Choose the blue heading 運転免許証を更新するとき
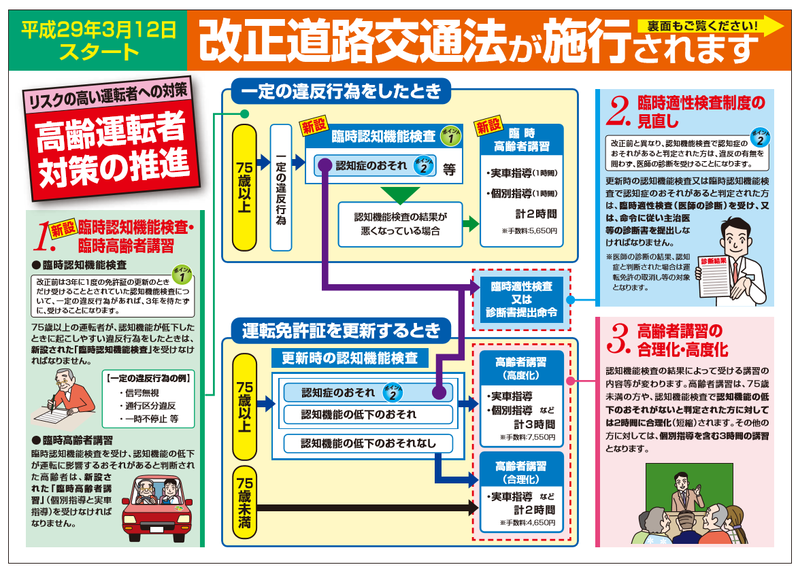click(x=341, y=331)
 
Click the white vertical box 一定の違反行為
click(x=280, y=187)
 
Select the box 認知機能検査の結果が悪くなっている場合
click(x=399, y=224)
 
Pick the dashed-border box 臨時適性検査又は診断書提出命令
click(x=522, y=299)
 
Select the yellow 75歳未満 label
click(x=244, y=503)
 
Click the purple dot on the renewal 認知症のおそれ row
click(x=439, y=392)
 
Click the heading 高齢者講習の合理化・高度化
click(x=682, y=341)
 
